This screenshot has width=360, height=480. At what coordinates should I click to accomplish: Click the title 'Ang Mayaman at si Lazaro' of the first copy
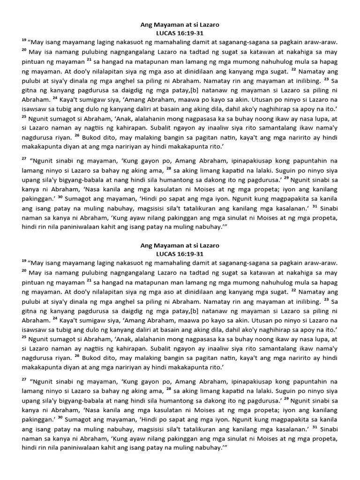click(180, 24)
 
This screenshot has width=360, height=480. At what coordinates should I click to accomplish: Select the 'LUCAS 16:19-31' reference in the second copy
click(180, 254)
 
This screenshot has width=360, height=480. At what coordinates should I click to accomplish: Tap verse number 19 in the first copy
click(24, 40)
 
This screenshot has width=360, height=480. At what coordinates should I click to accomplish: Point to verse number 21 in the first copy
click(89, 60)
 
